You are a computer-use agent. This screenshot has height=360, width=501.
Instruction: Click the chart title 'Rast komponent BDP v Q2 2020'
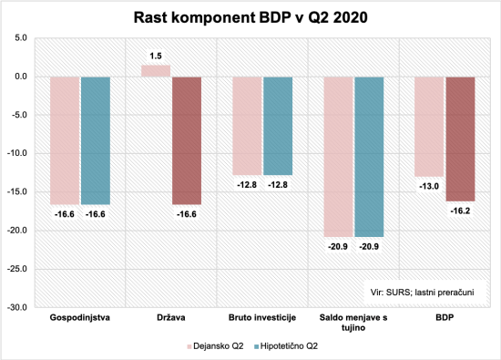click(250, 16)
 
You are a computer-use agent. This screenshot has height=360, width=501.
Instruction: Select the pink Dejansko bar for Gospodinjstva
click(65, 140)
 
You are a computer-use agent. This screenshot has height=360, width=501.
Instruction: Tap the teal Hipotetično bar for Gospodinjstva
click(96, 140)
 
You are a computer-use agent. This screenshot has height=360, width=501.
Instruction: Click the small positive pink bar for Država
click(156, 70)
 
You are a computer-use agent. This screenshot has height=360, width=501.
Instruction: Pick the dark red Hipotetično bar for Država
click(187, 140)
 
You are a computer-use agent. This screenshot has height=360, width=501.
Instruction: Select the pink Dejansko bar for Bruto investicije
click(247, 126)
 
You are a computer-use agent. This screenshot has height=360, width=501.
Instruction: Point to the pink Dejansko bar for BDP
click(429, 127)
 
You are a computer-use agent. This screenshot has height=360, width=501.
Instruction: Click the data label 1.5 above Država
click(156, 56)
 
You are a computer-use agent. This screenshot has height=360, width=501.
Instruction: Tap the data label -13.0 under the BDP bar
click(429, 187)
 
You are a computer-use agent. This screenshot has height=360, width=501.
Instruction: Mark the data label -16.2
click(460, 211)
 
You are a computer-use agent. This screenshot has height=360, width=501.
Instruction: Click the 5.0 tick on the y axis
click(21, 38)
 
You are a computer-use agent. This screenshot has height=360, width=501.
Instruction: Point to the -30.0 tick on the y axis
click(18, 308)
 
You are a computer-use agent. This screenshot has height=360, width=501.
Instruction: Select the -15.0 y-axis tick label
click(18, 192)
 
